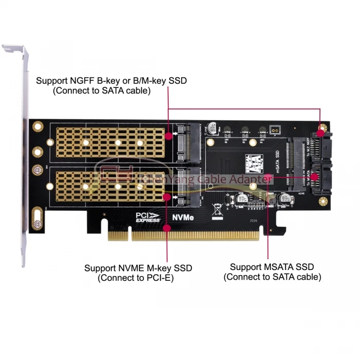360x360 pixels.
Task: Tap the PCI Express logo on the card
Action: click(x=148, y=217)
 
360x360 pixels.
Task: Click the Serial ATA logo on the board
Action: click(x=255, y=161)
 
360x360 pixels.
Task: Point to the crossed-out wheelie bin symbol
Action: click(x=218, y=208)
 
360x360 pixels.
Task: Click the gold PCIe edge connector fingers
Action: click(x=186, y=236)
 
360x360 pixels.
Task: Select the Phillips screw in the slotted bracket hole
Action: click(x=38, y=224)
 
